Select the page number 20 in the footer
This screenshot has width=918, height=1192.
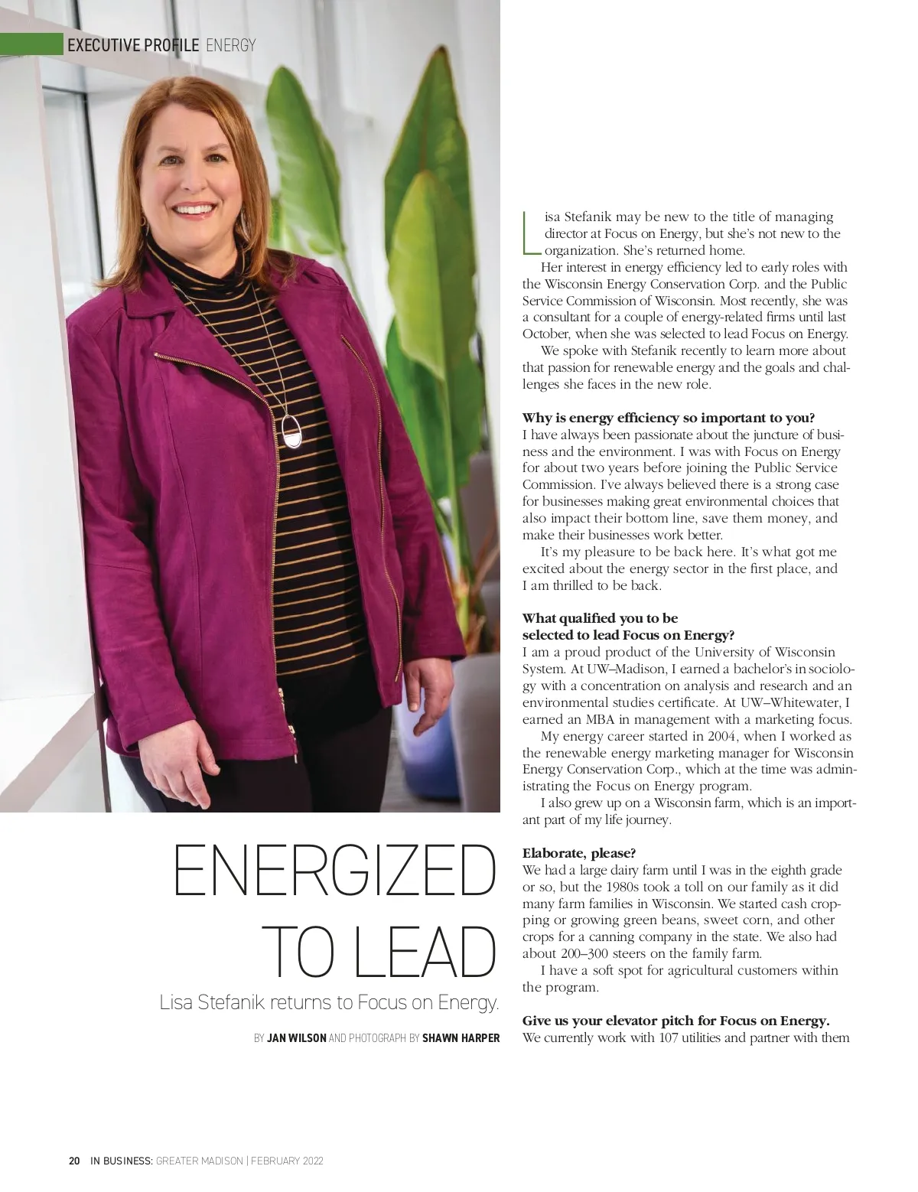point(74,1161)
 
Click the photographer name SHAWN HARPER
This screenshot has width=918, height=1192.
point(461,1038)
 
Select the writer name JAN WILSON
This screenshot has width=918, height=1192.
point(296,1038)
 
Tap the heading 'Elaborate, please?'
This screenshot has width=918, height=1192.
point(579,852)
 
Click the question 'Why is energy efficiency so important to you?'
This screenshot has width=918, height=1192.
point(669,418)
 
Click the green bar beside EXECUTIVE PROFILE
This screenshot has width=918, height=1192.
point(31,44)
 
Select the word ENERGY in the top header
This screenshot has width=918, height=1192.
point(231,45)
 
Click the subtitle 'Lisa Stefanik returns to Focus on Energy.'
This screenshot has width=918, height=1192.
point(329,1002)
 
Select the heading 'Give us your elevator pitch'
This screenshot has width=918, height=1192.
point(675,1021)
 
